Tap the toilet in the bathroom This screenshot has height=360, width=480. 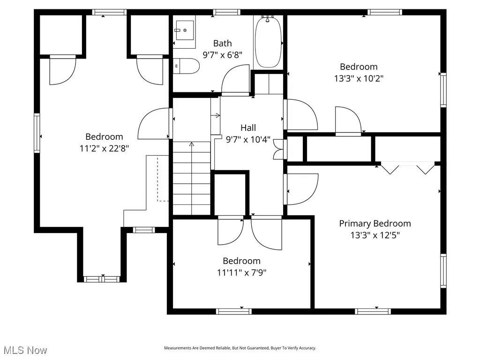tap(187, 66)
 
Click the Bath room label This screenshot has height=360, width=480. tap(222, 44)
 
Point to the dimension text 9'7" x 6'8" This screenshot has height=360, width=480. tap(222, 55)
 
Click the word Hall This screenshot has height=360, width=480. tap(248, 127)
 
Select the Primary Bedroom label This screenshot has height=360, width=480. tap(375, 224)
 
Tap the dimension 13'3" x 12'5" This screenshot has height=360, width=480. tap(375, 235)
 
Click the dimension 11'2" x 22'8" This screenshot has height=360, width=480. tap(104, 149)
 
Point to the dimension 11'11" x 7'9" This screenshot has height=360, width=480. tap(241, 272)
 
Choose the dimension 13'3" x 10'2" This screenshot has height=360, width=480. tap(359, 78)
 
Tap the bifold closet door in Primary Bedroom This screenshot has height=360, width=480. tap(407, 168)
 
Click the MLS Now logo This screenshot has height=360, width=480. tap(25, 350)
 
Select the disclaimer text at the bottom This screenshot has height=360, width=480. tap(240, 348)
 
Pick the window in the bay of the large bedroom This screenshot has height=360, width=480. tap(102, 279)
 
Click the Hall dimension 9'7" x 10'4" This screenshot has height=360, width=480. tap(248, 139)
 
